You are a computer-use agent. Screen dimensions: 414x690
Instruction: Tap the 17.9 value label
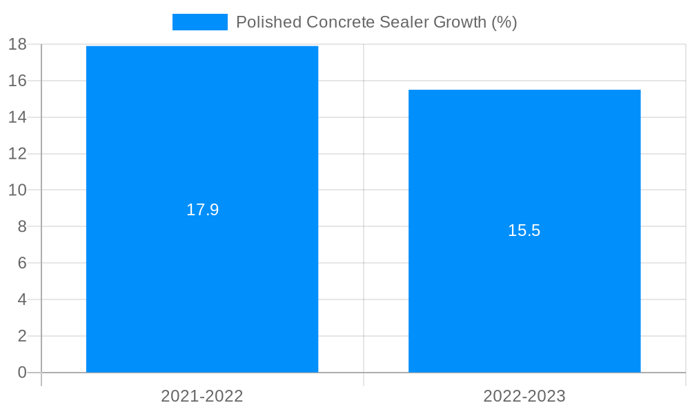[202, 210]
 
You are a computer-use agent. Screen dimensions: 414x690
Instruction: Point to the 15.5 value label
[524, 231]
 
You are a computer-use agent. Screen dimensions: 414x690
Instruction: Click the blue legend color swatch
[199, 22]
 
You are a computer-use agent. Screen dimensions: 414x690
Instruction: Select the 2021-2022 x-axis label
[202, 396]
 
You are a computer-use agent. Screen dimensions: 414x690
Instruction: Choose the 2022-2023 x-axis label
[524, 396]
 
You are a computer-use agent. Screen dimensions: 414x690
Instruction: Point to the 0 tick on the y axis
[21, 373]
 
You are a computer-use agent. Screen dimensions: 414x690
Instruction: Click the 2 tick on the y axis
[21, 336]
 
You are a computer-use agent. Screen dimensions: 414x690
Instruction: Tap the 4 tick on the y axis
[21, 299]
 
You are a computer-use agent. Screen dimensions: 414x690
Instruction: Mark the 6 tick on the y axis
[21, 263]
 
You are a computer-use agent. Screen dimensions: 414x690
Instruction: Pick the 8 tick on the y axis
[21, 226]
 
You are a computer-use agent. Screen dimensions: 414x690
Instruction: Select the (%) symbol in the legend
[504, 22]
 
